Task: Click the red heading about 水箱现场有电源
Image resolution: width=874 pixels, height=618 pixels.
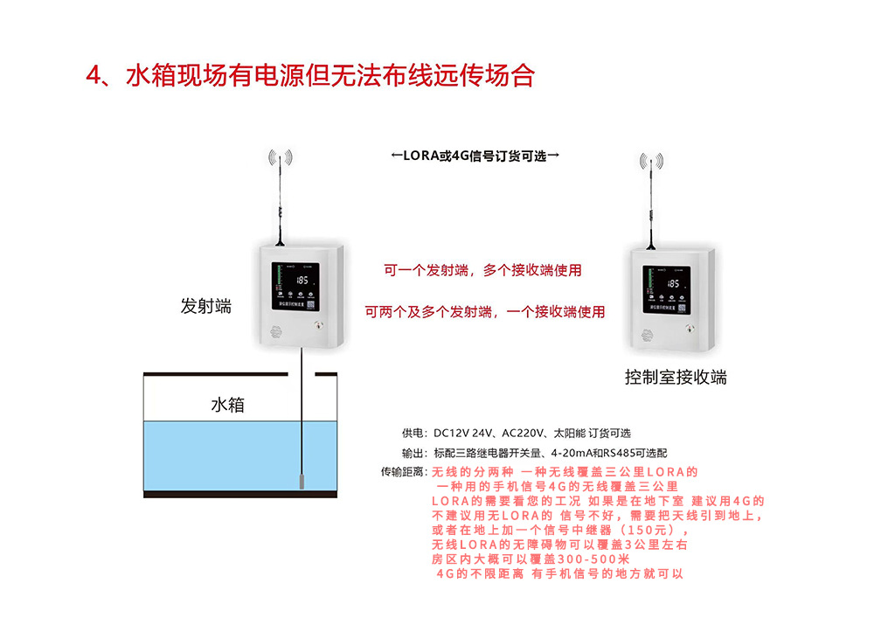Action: point(309,76)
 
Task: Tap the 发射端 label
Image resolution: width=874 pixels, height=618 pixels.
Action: point(205,306)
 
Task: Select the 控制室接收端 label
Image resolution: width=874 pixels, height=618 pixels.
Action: point(676,378)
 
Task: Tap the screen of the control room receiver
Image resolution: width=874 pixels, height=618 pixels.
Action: point(669,288)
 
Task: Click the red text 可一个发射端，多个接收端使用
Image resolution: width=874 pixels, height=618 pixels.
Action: point(482,271)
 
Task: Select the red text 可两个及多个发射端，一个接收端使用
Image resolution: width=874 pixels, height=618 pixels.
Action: point(485,311)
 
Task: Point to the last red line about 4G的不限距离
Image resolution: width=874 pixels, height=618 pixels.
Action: point(559,574)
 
